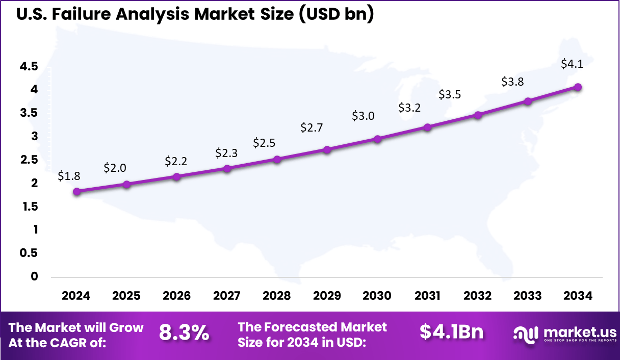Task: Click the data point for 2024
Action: [76, 192]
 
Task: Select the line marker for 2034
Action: [578, 87]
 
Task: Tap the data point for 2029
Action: [327, 149]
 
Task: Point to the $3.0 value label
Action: [363, 116]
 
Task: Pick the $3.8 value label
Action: [512, 82]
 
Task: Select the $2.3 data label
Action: [226, 152]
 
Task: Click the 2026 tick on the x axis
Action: [176, 296]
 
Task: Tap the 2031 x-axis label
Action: [427, 296]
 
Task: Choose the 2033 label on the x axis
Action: [528, 296]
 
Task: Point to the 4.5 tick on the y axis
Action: [29, 66]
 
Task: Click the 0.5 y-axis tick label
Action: [29, 253]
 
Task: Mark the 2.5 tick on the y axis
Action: [29, 160]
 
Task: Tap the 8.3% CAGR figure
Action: [184, 333]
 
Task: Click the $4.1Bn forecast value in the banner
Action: [452, 332]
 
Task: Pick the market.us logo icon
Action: [525, 335]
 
